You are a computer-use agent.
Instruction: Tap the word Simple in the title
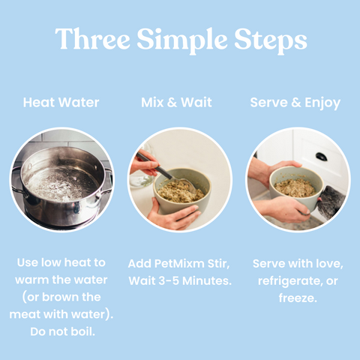[x=182, y=41]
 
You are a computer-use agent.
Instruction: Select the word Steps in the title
[x=271, y=41]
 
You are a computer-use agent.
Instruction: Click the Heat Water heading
[x=61, y=103]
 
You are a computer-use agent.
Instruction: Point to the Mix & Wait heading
[x=176, y=103]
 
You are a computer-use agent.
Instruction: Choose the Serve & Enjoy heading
[x=295, y=103]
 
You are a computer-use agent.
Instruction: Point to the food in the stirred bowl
[x=180, y=191]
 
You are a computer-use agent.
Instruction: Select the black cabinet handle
[x=321, y=157]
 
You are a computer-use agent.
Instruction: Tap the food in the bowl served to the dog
[x=295, y=187]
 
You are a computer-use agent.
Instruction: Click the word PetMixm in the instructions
[x=179, y=264]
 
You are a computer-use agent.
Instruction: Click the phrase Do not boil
[x=62, y=331]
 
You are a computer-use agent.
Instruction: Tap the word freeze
[x=298, y=298]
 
